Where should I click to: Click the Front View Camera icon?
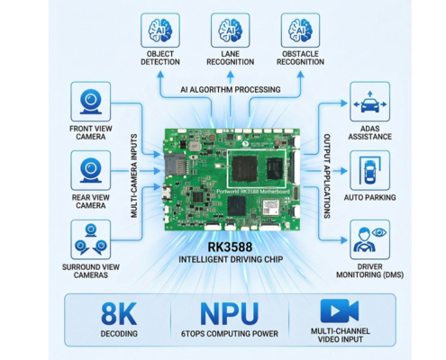pos(90,101)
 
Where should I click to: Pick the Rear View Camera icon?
pos(90,169)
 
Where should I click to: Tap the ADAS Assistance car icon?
pos(369,101)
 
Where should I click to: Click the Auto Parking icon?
pos(369,169)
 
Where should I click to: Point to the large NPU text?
pos(229,313)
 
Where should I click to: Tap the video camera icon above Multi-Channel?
pos(340,310)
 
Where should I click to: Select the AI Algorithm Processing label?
pos(230,89)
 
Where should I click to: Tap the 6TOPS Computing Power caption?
pos(229,335)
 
